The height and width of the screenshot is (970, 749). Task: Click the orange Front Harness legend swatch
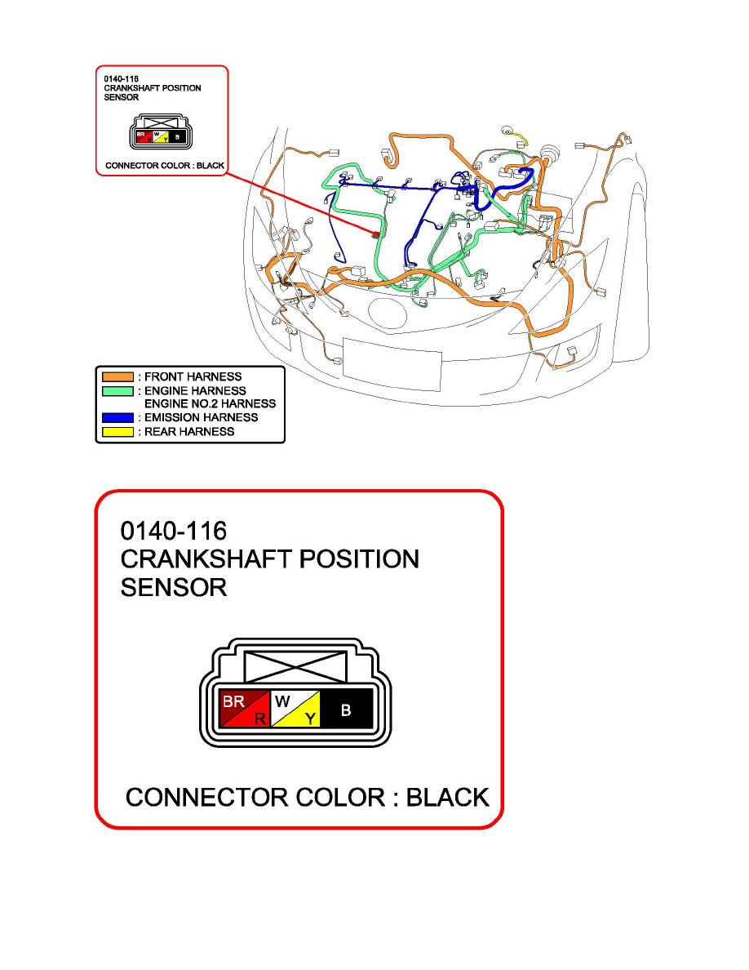click(x=117, y=377)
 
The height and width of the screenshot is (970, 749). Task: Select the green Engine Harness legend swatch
click(x=117, y=391)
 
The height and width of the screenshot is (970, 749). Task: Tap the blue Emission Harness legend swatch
click(x=117, y=418)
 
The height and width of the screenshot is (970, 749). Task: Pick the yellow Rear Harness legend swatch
click(x=117, y=431)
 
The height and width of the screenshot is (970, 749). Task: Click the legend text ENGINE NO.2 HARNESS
click(x=210, y=404)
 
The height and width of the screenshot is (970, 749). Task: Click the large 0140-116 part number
click(x=174, y=532)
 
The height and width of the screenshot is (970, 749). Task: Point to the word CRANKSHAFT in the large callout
click(x=206, y=560)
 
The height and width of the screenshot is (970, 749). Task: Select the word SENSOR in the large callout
click(x=173, y=588)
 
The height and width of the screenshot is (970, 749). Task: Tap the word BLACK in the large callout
click(x=448, y=797)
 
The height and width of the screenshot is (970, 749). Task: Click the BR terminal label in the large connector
click(x=234, y=701)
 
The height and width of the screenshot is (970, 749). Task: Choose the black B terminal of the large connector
click(x=346, y=710)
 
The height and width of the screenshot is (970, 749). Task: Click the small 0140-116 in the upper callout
click(x=122, y=79)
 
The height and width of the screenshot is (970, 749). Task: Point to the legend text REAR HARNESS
click(x=189, y=432)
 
